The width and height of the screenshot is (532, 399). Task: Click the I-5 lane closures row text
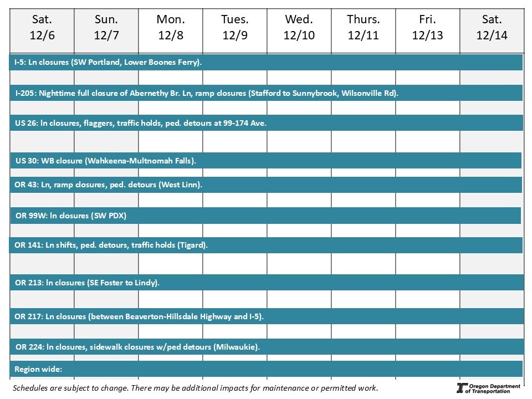108,63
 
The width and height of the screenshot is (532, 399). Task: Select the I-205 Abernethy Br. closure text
207,93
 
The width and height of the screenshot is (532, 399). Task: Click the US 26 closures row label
141,123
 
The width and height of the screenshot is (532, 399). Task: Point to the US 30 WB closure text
106,161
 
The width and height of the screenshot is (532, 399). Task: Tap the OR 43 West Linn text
108,185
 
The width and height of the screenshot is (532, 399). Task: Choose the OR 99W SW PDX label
71,216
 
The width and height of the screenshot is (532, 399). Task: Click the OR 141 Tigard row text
111,245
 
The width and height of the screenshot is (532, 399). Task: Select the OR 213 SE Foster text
87,283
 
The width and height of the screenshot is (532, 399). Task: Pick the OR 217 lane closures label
139,316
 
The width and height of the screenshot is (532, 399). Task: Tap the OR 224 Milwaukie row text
137,347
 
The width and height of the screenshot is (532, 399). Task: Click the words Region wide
38,369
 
